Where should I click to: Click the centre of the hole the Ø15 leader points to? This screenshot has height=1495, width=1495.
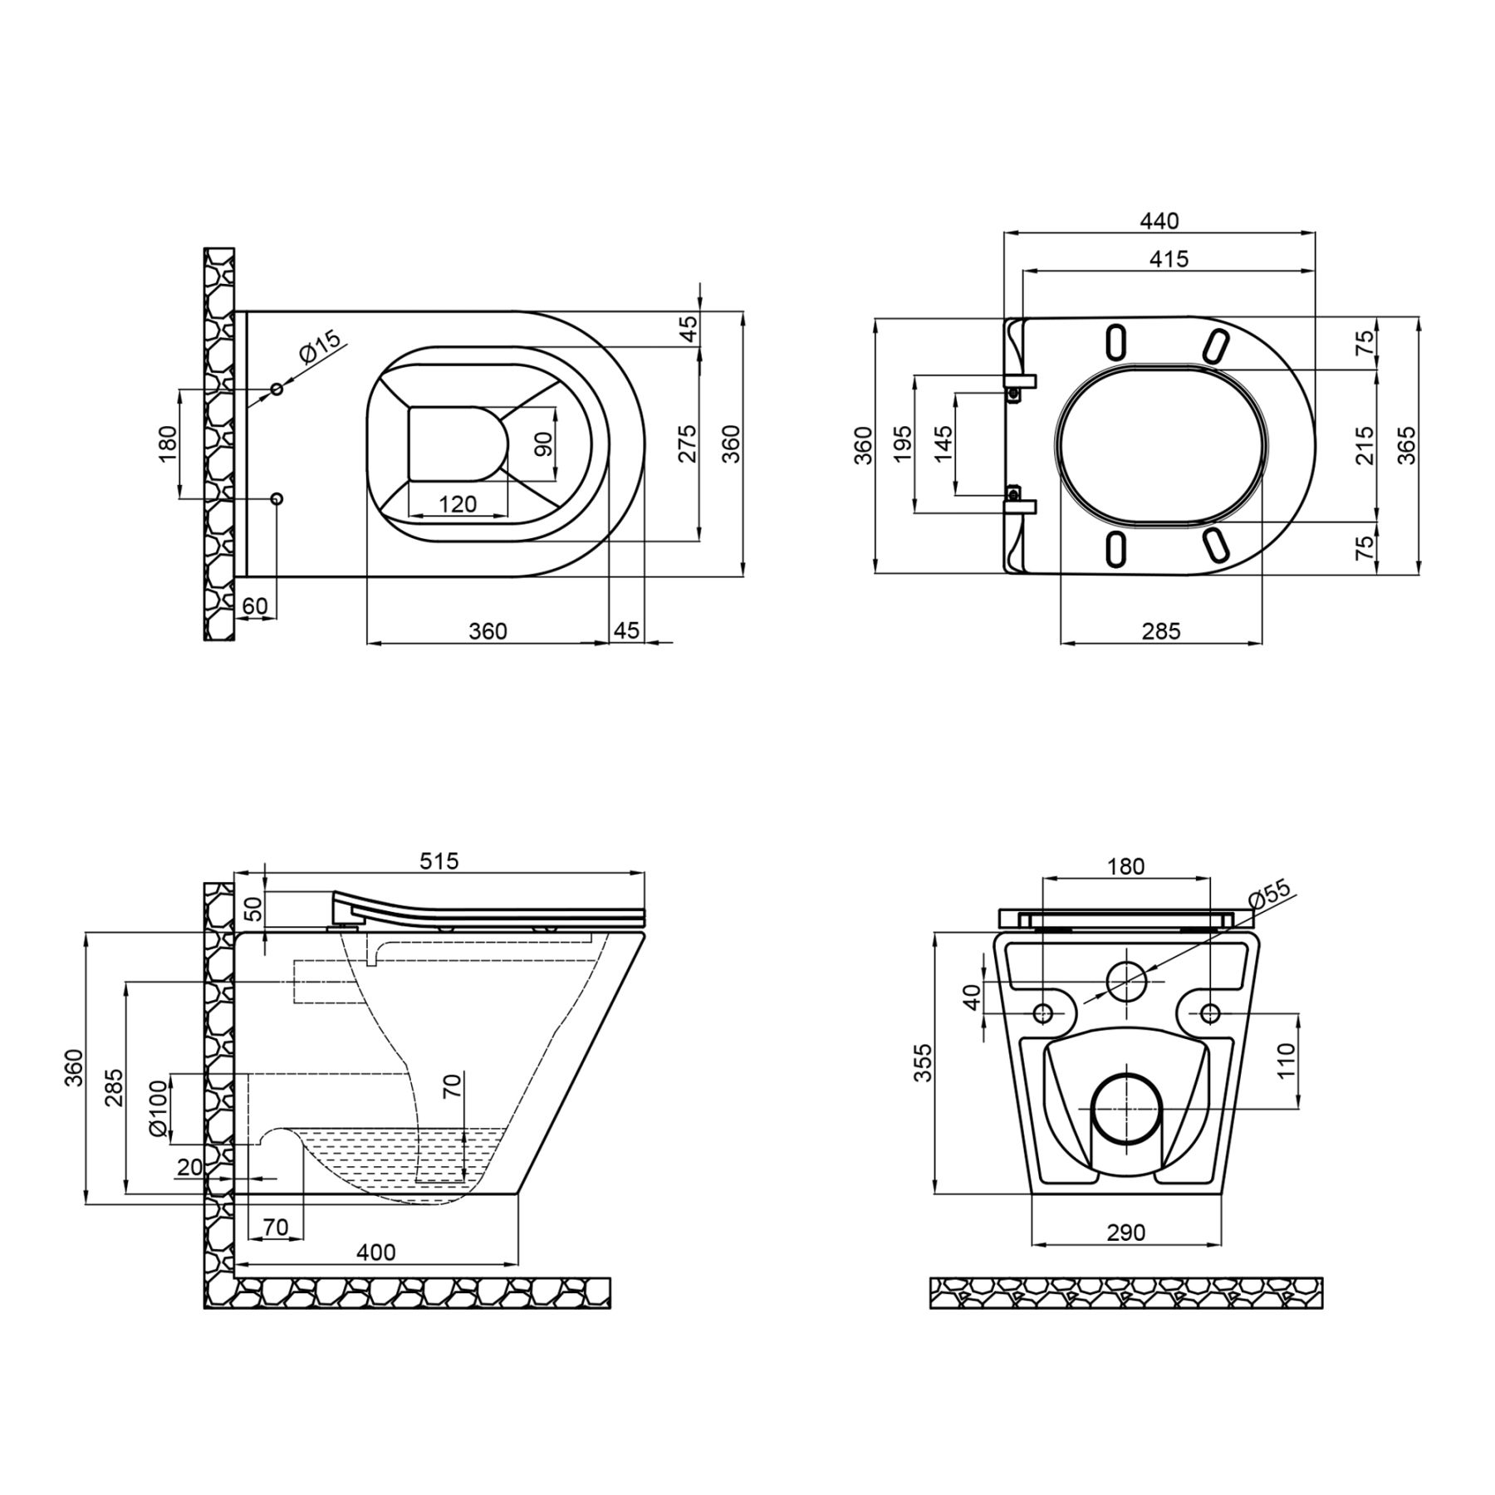coord(277,389)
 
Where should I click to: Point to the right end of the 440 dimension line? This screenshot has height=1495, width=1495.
coord(1316,234)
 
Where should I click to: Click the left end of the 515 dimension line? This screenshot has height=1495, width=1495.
coord(236,872)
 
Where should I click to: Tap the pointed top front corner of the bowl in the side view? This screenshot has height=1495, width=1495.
coord(645,933)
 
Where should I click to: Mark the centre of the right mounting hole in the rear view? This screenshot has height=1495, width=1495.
coord(1210,1013)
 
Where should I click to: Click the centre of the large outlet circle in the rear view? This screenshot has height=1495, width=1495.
coord(1126,1110)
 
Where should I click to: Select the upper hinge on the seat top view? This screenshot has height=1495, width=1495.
coord(1021,384)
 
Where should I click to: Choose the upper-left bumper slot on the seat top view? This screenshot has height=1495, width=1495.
coord(1117,342)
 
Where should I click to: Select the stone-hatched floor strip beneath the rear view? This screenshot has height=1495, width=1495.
coord(1126,1293)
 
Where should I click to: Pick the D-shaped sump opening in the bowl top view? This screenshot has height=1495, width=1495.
coord(458,444)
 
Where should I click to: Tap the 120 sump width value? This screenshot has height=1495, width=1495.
coord(458,503)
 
